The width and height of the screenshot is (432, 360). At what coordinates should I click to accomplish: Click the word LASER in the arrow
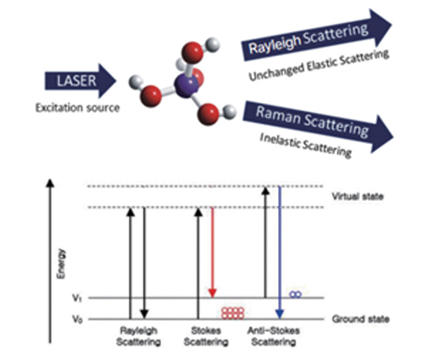coord(76,81)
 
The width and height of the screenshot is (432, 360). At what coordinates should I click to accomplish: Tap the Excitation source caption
coord(78,108)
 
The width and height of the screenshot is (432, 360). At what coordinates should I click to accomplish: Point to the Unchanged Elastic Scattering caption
coord(319,65)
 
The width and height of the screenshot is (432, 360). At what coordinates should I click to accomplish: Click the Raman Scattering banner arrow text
coord(312,121)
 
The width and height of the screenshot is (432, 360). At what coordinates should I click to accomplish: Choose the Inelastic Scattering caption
coord(306,145)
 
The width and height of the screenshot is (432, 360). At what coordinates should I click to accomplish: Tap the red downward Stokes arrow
coord(212,252)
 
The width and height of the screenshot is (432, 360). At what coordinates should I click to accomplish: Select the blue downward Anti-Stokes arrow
coord(279,252)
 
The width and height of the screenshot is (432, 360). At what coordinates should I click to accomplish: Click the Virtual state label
coord(358,197)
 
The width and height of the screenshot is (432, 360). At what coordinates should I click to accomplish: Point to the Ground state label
coord(361,319)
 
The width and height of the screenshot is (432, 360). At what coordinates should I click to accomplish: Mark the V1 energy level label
coord(77,298)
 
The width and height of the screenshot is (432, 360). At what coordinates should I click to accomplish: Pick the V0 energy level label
coord(77,319)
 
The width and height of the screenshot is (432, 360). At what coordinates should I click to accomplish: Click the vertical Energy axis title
coord(61,264)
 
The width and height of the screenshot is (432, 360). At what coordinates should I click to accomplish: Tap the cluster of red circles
coord(233,313)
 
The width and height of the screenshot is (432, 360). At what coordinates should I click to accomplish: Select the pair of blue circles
coord(296,294)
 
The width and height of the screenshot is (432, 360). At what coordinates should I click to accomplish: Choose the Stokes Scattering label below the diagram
coord(206,336)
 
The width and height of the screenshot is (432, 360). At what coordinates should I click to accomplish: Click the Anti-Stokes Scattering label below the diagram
coord(274,336)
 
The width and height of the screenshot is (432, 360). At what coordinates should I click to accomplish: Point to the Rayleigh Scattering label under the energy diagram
coord(138,336)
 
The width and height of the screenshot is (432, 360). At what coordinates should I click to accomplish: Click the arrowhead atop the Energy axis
coord(50,183)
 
